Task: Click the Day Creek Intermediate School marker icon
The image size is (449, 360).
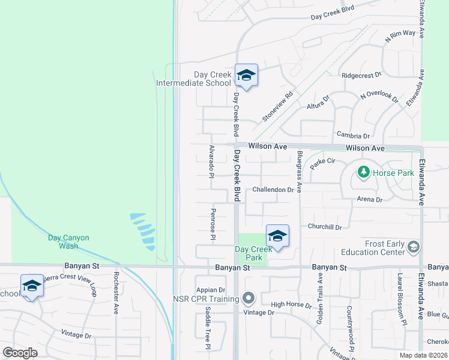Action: pyautogui.click(x=246, y=76)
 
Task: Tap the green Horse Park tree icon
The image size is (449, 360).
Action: pyautogui.click(x=363, y=173)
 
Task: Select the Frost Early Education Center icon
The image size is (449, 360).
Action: pyautogui.click(x=413, y=247)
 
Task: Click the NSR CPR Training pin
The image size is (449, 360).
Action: pyautogui.click(x=249, y=298)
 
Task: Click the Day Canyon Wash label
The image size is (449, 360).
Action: pyautogui.click(x=68, y=242)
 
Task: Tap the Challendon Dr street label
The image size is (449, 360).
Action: pyautogui.click(x=273, y=190)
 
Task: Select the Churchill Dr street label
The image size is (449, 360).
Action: pyautogui.click(x=324, y=227)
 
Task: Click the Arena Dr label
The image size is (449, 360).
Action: pyautogui.click(x=369, y=199)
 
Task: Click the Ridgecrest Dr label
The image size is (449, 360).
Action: pyautogui.click(x=361, y=76)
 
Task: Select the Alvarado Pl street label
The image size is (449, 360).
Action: pyautogui.click(x=211, y=161)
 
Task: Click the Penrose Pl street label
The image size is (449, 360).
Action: pyautogui.click(x=213, y=224)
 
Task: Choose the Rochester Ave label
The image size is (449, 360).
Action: pyautogui.click(x=115, y=293)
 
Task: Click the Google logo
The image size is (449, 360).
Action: pyautogui.click(x=20, y=353)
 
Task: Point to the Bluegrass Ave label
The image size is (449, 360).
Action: pyautogui.click(x=299, y=171)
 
